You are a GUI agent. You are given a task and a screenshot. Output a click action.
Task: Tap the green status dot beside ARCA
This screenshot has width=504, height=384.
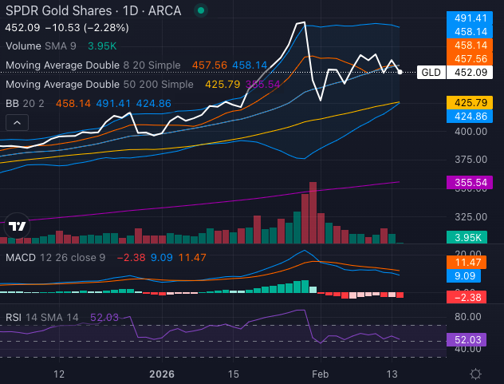pos(199,11)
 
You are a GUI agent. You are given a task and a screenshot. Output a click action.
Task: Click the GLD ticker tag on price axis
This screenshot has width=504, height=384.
pos(431,72)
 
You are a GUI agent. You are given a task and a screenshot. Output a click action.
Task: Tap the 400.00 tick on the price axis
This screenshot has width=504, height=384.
pos(468,131)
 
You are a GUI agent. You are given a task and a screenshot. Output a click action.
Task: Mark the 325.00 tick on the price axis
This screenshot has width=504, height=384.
pos(468,216)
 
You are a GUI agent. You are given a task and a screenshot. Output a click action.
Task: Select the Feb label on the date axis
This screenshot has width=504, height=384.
pos(319,374)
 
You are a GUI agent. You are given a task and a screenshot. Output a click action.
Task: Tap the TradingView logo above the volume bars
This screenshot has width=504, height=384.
pos(16,226)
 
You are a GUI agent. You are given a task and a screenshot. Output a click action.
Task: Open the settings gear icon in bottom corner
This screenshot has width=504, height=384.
pos(475,374)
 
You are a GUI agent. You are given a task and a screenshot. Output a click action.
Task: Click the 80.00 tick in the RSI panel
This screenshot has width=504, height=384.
pos(468,316)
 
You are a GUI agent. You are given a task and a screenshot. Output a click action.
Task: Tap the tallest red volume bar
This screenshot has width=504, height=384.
pos(313,212)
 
